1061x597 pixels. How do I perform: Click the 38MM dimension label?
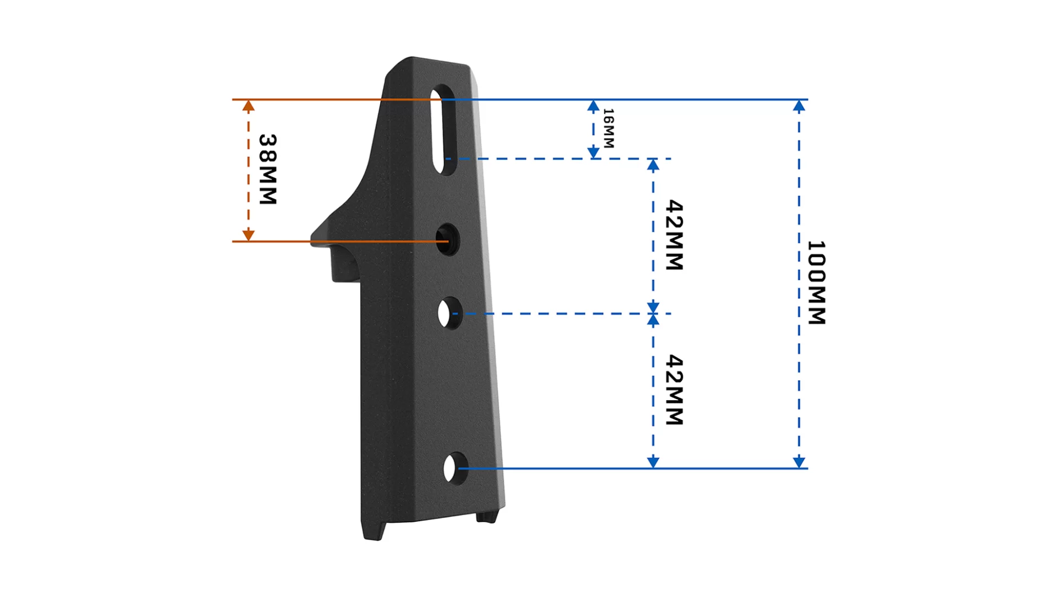pos(268,169)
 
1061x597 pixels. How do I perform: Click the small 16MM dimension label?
pos(608,128)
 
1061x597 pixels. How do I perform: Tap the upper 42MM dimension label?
pos(675,235)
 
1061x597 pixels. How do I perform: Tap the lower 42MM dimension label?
pos(675,390)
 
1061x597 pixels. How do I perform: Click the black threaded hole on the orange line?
pos(448,240)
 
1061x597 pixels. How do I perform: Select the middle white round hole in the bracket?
pos(450,313)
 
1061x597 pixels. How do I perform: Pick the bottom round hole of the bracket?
pos(455,469)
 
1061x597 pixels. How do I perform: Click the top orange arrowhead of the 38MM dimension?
pos(249,106)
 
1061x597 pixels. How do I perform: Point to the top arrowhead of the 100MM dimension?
pos(799,106)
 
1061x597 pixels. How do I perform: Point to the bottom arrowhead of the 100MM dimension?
pos(799,462)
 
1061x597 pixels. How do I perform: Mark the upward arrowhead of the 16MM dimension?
pos(593,106)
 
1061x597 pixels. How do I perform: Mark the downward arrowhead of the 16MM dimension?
pos(593,152)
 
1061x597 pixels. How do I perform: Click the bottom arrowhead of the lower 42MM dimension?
pos(653,462)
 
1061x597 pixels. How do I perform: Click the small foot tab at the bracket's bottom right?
pos(487,517)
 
